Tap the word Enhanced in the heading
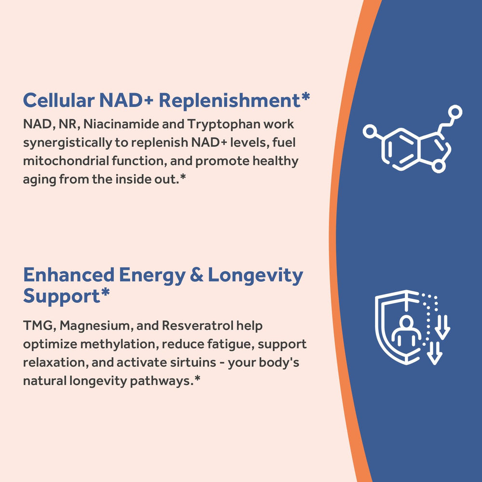[x=68, y=275]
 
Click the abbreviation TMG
[x=40, y=326]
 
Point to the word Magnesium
[x=96, y=326]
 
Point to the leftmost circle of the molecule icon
[x=370, y=131]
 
